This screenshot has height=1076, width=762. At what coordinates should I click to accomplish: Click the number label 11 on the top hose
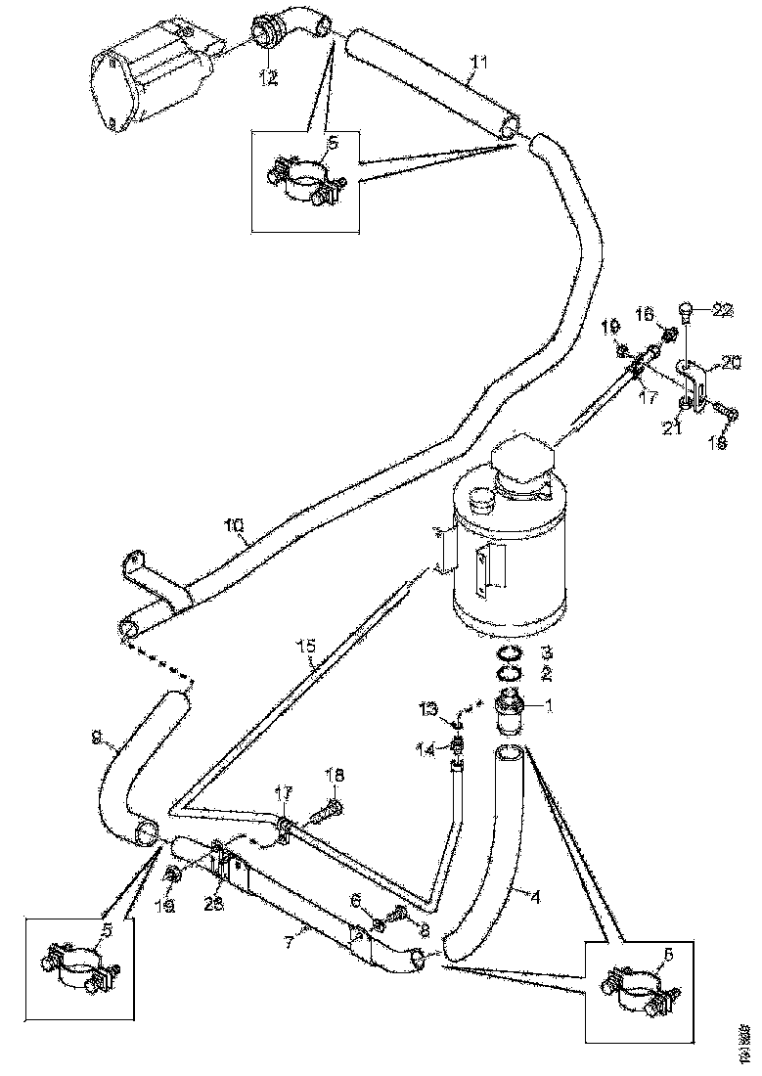(476, 64)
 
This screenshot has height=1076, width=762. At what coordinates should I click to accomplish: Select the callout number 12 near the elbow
(268, 79)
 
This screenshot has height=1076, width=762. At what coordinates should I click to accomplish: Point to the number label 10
(234, 526)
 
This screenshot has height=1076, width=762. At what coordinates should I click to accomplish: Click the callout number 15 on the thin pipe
(307, 647)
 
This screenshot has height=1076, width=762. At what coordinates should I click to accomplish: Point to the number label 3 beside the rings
(548, 651)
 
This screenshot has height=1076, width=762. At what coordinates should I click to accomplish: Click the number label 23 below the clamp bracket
(213, 904)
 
